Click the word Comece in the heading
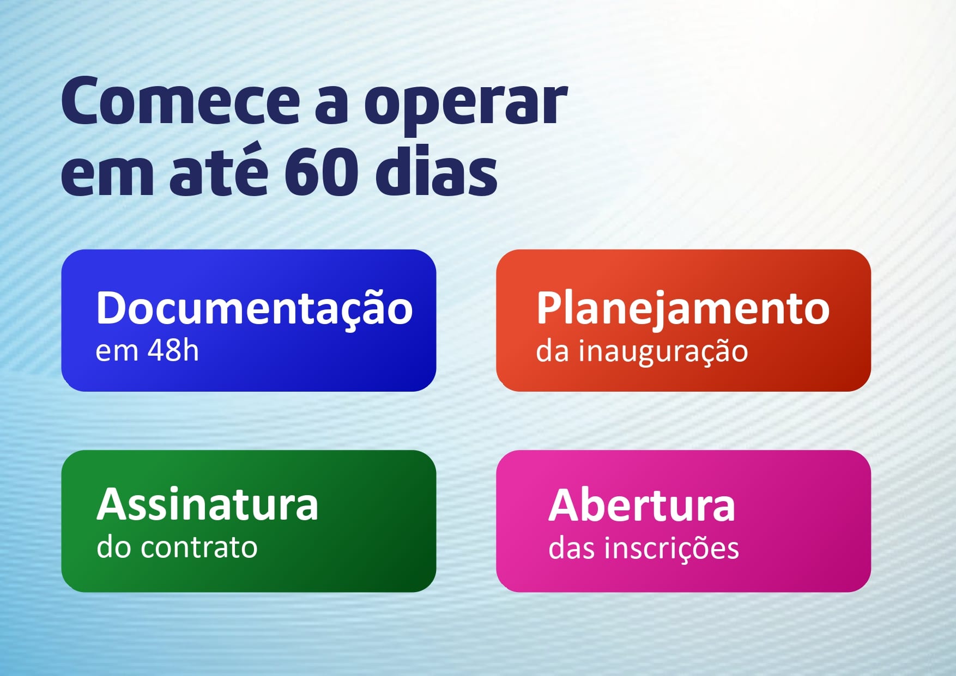pyautogui.click(x=180, y=101)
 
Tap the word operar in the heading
pyautogui.click(x=467, y=107)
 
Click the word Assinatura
pyautogui.click(x=208, y=504)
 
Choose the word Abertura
pyautogui.click(x=642, y=505)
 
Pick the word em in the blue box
pyautogui.click(x=117, y=352)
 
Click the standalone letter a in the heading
pyautogui.click(x=332, y=106)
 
